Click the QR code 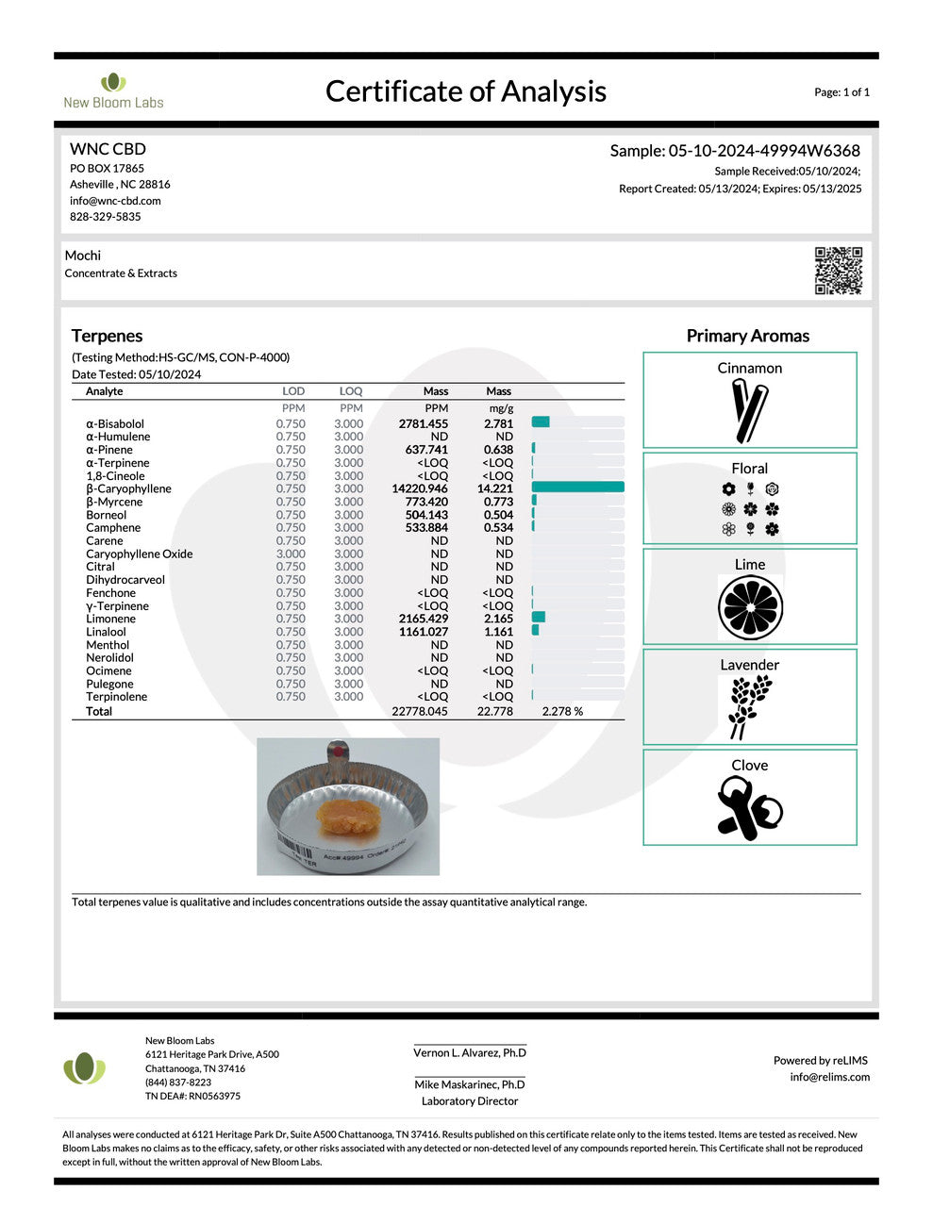click(838, 271)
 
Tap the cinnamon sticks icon click(751, 410)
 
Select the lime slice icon click(750, 607)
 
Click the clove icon click(749, 808)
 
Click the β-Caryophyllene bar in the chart click(577, 488)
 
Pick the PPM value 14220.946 click(420, 488)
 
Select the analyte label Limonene click(110, 619)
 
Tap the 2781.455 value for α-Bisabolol click(423, 423)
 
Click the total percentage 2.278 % click(562, 711)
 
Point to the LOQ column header click(351, 391)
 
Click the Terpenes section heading click(107, 336)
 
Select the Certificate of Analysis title click(465, 91)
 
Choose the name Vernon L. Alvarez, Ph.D click(470, 1052)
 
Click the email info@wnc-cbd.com click(115, 201)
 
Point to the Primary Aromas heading click(747, 336)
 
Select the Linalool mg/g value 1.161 click(498, 632)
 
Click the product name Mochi click(83, 256)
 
